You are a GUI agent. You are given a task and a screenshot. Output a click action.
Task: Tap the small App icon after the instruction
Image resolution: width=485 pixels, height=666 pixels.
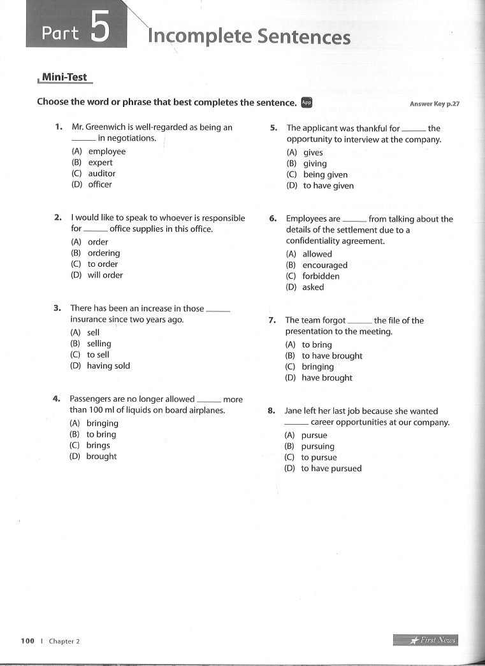(307, 102)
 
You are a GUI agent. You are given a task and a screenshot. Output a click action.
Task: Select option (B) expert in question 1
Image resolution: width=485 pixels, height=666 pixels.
(92, 162)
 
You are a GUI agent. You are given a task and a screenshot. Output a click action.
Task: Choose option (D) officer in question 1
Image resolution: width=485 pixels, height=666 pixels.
(92, 185)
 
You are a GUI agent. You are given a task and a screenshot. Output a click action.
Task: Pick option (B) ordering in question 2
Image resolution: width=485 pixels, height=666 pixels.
(96, 253)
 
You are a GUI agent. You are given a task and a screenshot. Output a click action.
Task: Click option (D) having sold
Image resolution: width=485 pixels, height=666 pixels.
(100, 366)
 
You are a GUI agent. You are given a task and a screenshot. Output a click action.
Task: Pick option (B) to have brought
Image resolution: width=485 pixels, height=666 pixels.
(324, 356)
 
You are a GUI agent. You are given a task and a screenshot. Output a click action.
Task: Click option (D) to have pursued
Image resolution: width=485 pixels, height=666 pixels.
(323, 469)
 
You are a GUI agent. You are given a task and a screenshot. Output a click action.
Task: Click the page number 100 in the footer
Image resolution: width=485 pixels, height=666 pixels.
(27, 641)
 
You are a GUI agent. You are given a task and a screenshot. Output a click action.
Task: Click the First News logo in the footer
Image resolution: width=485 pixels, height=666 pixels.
(426, 641)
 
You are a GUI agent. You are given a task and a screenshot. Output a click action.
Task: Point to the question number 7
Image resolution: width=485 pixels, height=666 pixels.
(272, 320)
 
